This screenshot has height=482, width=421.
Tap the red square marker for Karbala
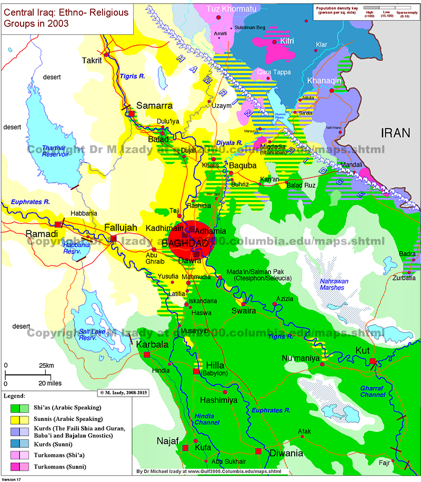coord(147,355)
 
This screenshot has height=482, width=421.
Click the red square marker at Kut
coord(373,361)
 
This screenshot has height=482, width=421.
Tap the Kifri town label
coord(287,41)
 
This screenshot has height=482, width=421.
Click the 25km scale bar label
coord(46,365)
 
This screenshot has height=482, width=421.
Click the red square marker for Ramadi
coord(58,225)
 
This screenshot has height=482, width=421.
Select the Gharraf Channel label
coord(374,390)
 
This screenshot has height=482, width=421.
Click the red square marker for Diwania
coord(258,451)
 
